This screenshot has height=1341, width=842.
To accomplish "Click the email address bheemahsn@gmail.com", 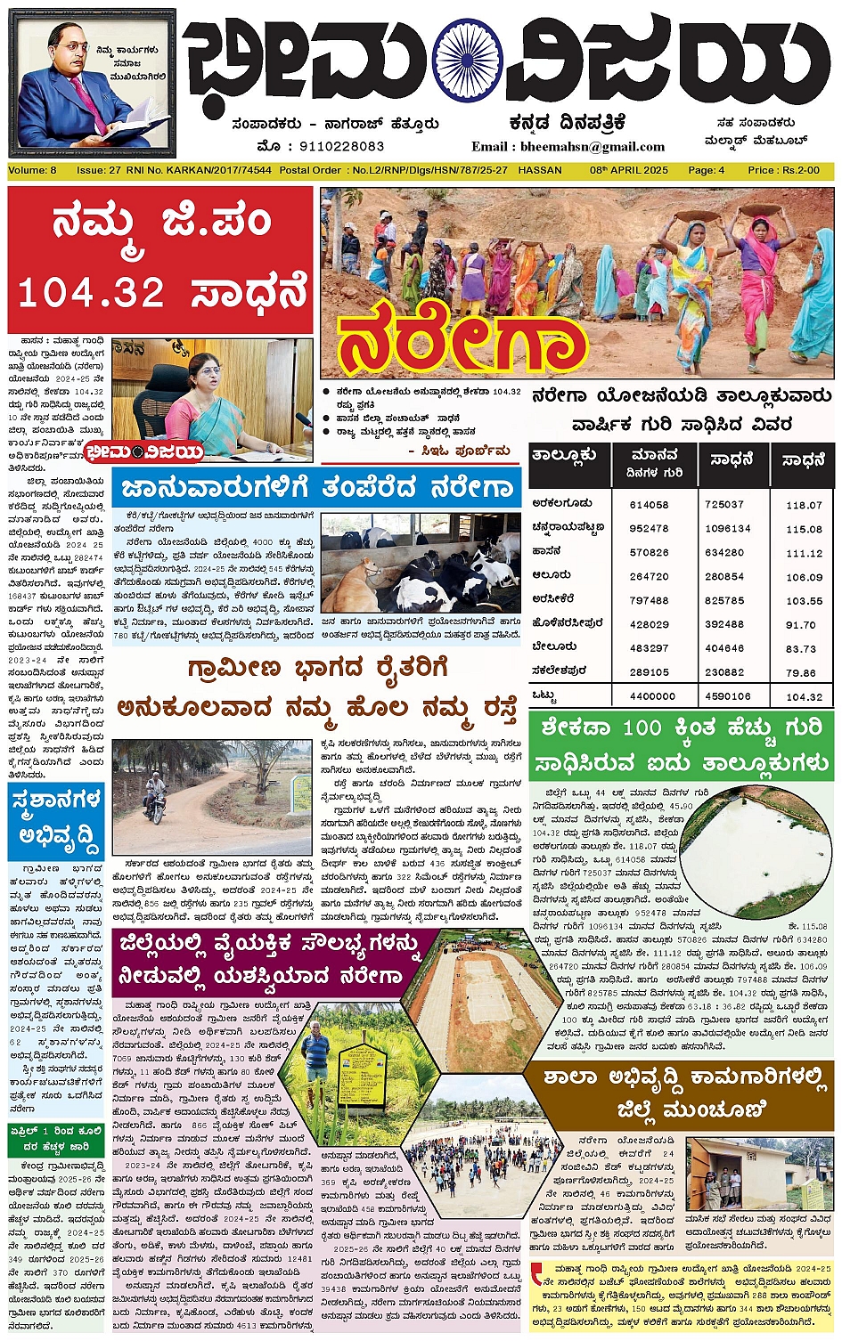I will click(x=580, y=147).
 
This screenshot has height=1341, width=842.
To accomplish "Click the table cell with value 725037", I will click(x=724, y=505).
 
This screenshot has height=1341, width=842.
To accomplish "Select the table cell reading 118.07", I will click(x=804, y=505).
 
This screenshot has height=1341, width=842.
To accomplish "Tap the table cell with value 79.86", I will click(x=804, y=673).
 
